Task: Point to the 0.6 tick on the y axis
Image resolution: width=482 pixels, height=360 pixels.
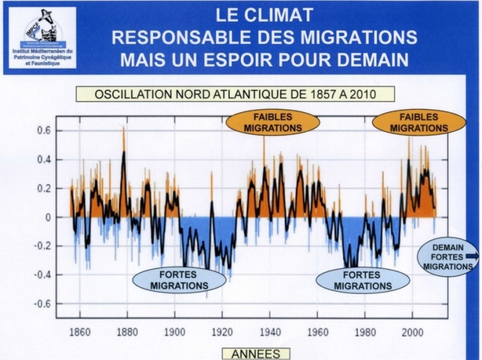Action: (x=46, y=131)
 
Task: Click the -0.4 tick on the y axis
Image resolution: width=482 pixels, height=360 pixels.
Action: (x=43, y=275)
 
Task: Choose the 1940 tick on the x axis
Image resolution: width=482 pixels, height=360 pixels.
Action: (x=270, y=331)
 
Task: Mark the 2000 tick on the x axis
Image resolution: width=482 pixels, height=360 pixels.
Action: (x=413, y=331)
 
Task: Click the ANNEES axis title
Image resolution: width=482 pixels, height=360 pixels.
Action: (x=255, y=354)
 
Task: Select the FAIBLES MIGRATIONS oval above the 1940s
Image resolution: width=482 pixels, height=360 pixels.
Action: (x=273, y=122)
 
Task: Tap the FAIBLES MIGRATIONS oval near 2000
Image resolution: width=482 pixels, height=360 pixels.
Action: (x=419, y=122)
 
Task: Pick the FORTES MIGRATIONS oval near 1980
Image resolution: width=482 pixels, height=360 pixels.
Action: (x=363, y=280)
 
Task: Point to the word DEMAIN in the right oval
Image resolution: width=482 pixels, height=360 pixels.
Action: (x=448, y=246)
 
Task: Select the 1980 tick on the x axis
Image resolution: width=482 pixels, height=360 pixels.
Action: (x=365, y=331)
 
